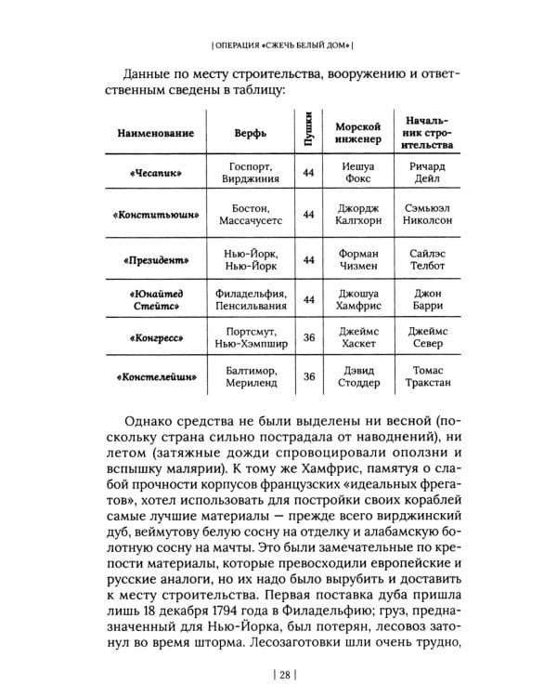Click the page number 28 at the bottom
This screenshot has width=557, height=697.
tap(278, 661)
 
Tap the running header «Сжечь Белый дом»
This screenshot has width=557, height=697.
tap(278, 45)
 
